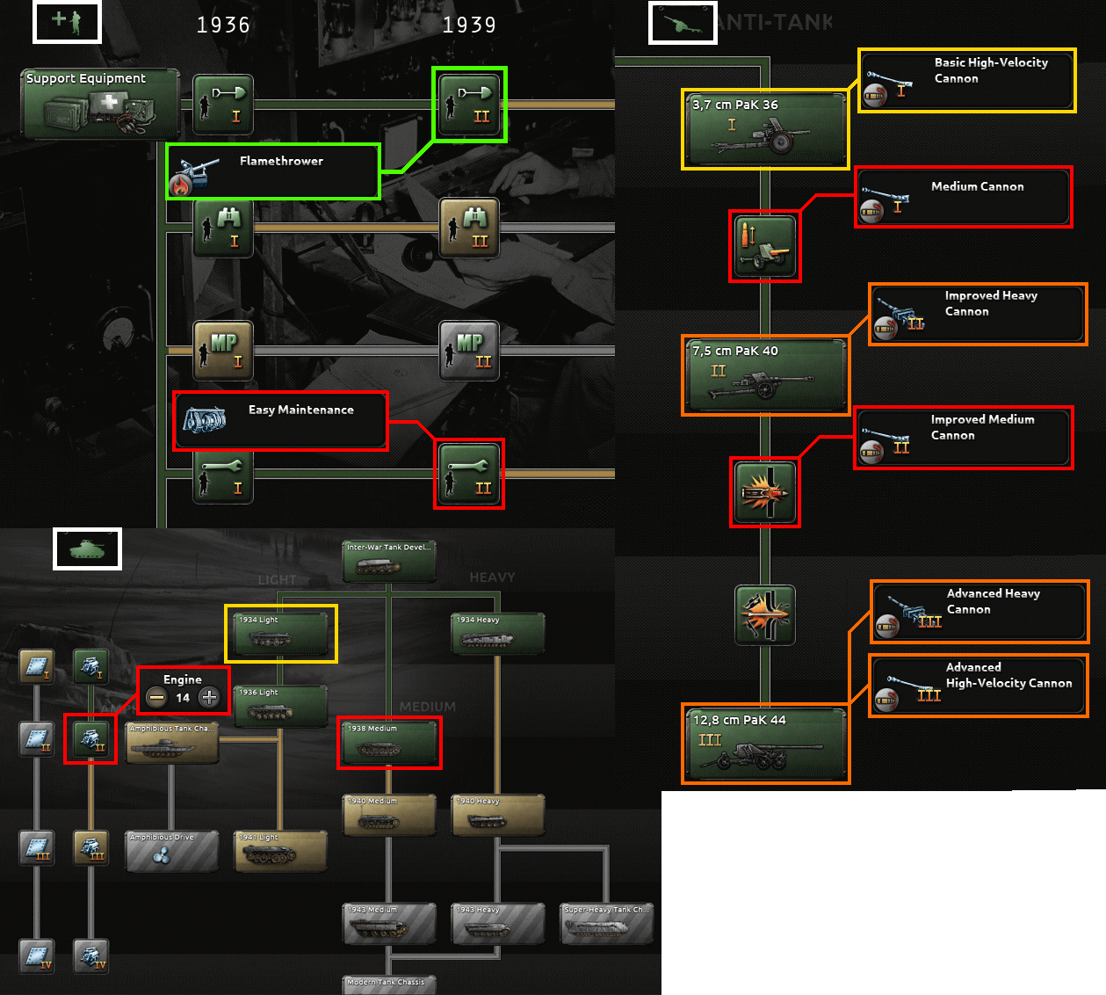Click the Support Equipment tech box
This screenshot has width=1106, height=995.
coord(100,105)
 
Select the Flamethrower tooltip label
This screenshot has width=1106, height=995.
coord(273,171)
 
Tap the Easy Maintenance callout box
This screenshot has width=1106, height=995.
coord(280,421)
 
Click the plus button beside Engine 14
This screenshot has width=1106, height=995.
coord(209,698)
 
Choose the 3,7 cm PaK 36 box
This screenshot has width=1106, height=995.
coord(765,129)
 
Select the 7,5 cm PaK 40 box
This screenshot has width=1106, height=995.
coord(765,375)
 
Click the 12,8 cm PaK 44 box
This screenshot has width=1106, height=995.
coord(765,744)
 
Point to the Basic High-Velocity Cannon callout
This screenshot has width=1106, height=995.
coord(966,81)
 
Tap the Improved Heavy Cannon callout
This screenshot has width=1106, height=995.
coord(978,314)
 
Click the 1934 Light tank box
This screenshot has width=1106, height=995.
coord(281,634)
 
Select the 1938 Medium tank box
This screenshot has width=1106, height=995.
coord(389,743)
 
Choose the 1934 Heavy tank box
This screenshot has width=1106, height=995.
coord(498,634)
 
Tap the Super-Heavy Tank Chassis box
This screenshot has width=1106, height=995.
coord(607,923)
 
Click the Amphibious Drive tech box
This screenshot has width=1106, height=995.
coord(171,851)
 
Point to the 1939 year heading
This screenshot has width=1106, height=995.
coord(469,25)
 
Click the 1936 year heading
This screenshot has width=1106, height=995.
coord(223,25)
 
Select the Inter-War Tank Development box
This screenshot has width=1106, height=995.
coord(389,561)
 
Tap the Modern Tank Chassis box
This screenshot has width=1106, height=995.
coord(388,984)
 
